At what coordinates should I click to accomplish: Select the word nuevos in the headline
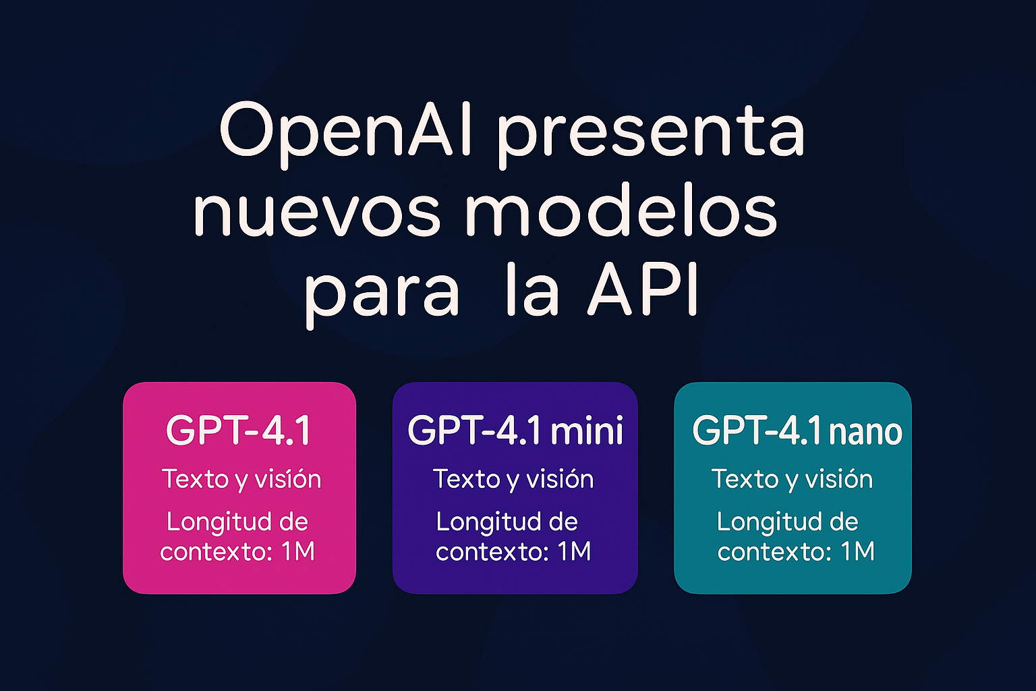click(x=316, y=213)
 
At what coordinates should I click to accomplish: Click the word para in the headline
click(x=382, y=295)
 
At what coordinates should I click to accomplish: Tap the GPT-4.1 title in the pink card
click(x=239, y=431)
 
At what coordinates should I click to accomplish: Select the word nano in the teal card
click(x=865, y=432)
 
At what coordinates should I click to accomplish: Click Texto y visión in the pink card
click(x=241, y=480)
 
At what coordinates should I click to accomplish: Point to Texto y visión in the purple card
click(x=513, y=480)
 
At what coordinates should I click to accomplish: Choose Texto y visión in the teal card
click(x=793, y=480)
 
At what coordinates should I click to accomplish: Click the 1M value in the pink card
click(x=298, y=552)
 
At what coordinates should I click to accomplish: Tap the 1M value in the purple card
click(x=575, y=552)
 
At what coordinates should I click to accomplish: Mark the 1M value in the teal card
click(x=858, y=552)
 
